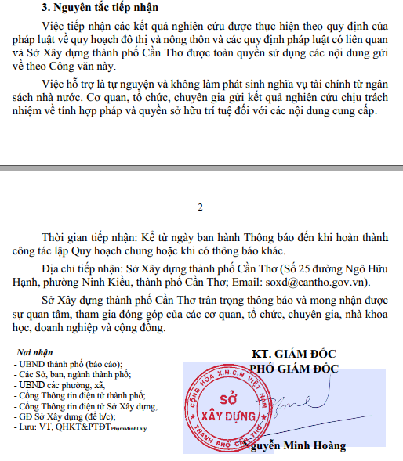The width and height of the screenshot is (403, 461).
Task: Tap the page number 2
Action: click(201, 207)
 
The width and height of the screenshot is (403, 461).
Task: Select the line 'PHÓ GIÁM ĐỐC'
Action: click(294, 367)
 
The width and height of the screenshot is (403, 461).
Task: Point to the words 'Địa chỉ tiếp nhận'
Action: click(82, 268)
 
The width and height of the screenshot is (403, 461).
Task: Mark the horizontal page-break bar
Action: click(201, 167)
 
